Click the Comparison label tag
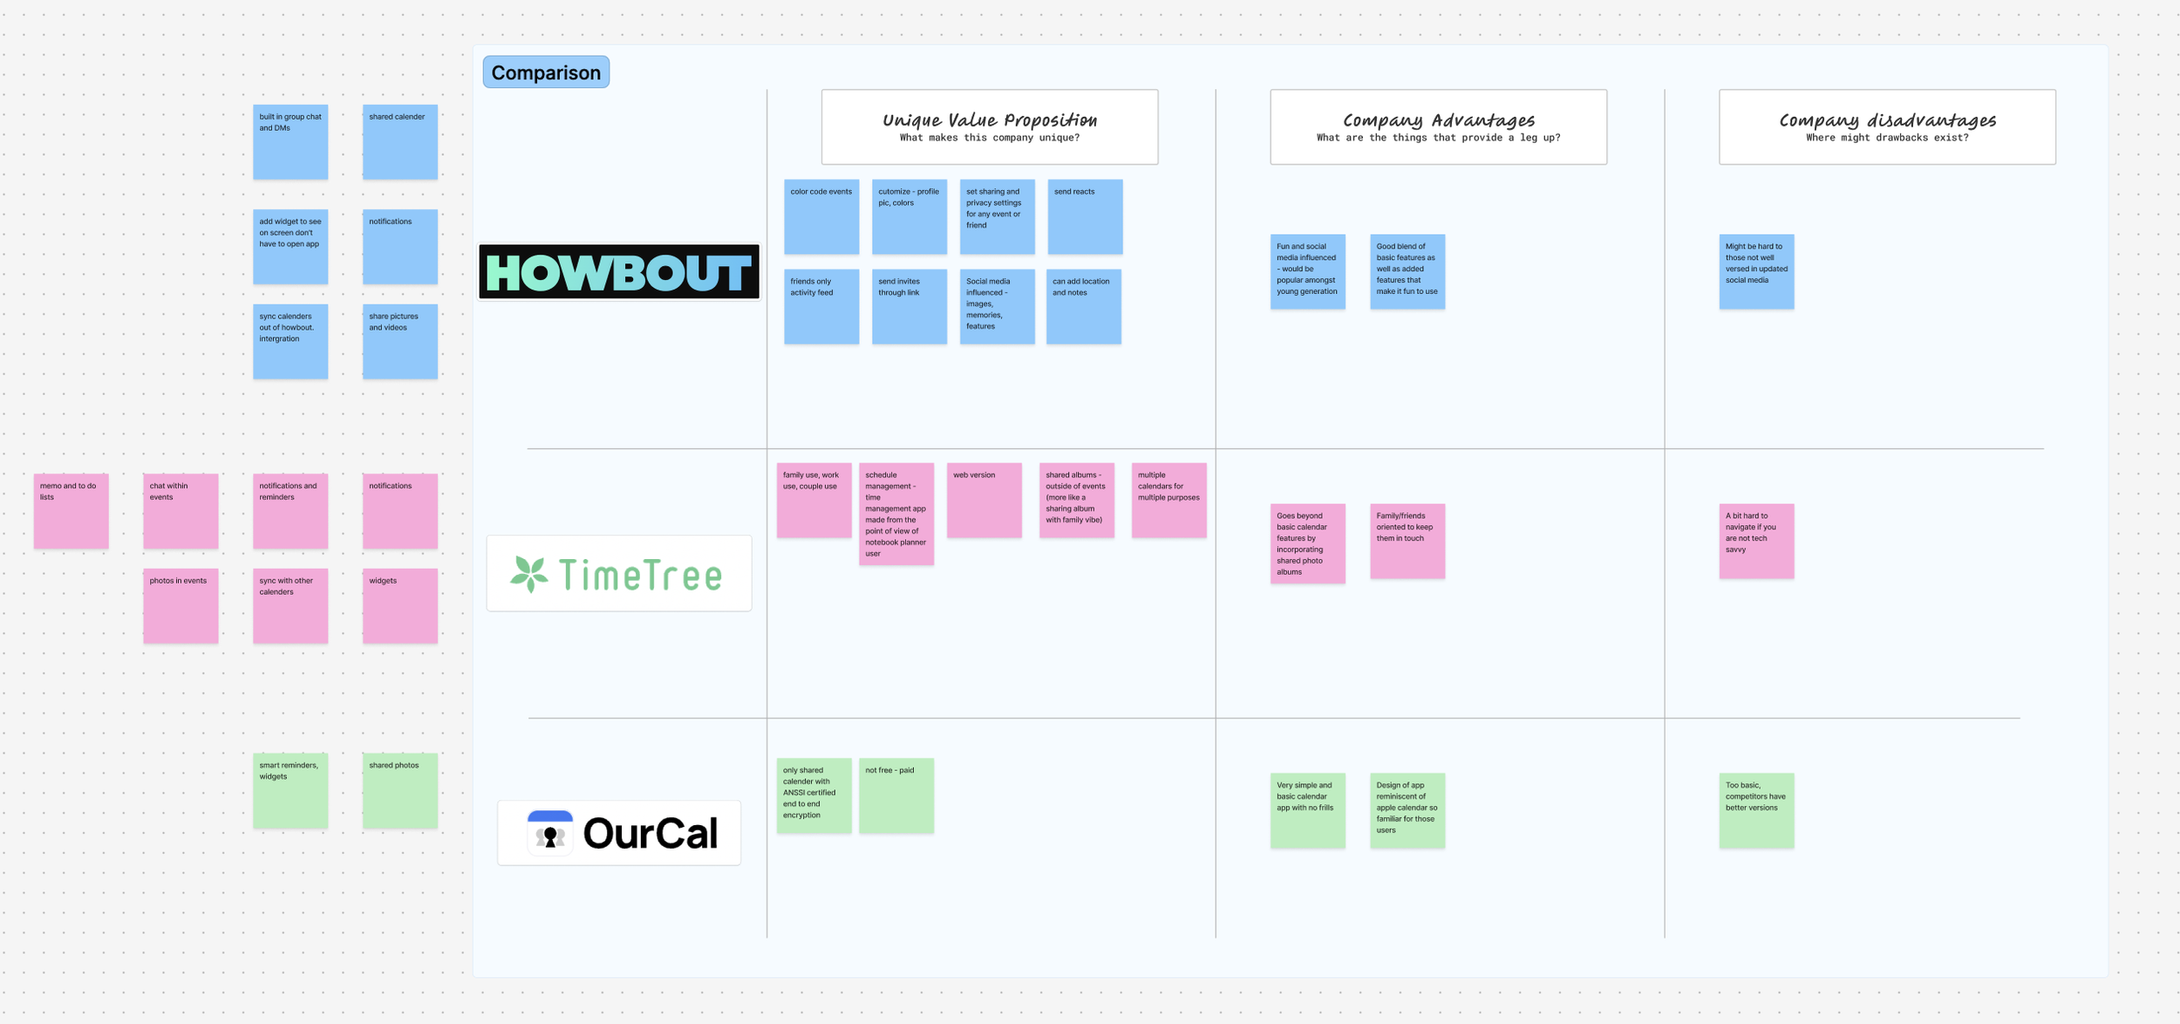(x=546, y=72)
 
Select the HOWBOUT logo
(x=619, y=272)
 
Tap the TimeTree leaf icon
(x=529, y=574)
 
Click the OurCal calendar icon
(x=550, y=833)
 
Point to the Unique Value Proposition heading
(x=990, y=121)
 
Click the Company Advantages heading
(x=1438, y=121)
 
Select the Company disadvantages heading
(x=1887, y=121)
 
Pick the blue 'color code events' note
(x=821, y=217)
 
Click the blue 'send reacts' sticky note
(x=1085, y=217)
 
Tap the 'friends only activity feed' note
(x=821, y=306)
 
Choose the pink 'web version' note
(x=984, y=500)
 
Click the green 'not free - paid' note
(x=896, y=795)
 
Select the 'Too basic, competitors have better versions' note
(x=1756, y=810)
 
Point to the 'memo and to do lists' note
(x=72, y=511)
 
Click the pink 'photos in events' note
(x=181, y=606)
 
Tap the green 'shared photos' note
(x=400, y=791)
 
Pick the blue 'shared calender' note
(x=400, y=142)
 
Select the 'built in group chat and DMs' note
(x=290, y=142)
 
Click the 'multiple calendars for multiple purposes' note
(x=1168, y=500)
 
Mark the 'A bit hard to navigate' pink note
(x=1756, y=541)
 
